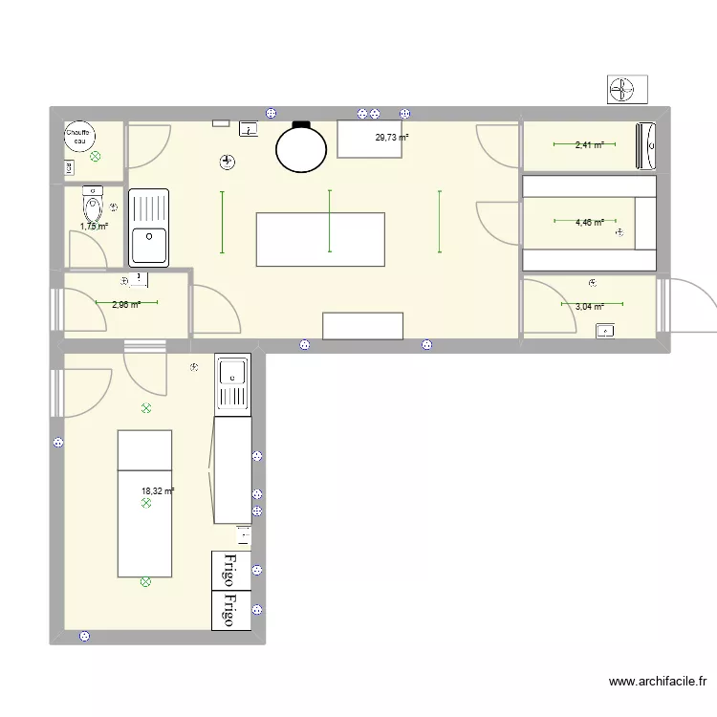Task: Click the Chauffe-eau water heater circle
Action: tap(77, 138)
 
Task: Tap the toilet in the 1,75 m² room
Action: tap(93, 205)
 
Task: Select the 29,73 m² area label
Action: tap(391, 138)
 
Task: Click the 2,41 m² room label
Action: tap(589, 145)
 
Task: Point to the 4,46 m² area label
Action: tap(589, 222)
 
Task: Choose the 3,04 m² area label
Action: tap(589, 307)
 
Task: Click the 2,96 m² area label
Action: tap(125, 304)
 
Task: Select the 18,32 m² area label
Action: tap(158, 491)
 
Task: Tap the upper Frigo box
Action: tap(230, 570)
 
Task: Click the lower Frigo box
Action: tap(230, 610)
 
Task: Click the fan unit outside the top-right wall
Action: tap(627, 90)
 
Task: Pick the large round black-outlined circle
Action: tap(300, 148)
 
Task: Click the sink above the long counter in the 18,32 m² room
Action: tap(231, 382)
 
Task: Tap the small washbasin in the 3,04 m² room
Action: tap(605, 331)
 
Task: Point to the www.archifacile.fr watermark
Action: tap(658, 682)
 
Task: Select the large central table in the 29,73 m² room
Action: tap(321, 240)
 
